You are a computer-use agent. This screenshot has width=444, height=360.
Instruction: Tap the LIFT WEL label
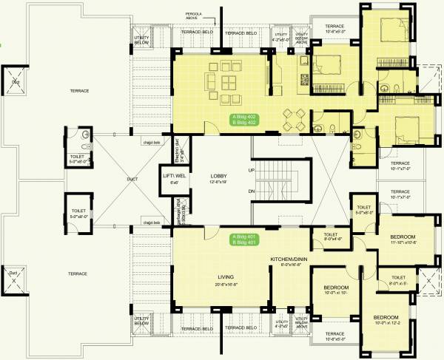[174, 176]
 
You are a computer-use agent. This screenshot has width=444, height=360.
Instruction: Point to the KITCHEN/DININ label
[289, 259]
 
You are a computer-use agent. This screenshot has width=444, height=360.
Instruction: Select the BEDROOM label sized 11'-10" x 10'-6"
[404, 237]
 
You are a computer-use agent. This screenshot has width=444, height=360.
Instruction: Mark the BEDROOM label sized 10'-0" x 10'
[334, 288]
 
